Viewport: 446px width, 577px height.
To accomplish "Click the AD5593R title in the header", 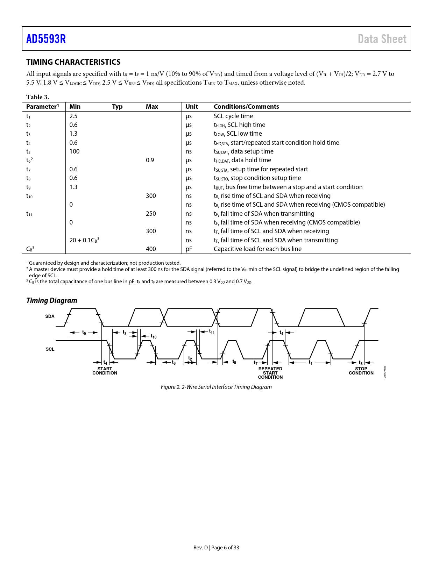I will tap(46, 39).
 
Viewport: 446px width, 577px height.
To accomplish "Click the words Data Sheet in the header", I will tap(382, 39).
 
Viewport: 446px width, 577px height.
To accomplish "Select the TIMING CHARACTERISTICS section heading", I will tap(73, 62).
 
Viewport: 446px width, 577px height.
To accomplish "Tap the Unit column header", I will tap(191, 107).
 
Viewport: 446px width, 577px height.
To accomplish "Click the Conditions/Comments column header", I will tap(246, 107).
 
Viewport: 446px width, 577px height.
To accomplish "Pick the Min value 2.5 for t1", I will tap(73, 116).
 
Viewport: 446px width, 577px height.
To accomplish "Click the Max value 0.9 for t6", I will tap(150, 160).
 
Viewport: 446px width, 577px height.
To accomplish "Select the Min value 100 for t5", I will tap(75, 151).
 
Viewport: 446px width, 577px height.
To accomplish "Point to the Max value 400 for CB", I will tap(151, 249).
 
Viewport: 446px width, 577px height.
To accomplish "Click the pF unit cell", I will tap(189, 249).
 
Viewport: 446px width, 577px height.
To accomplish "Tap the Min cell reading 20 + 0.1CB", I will tap(84, 240).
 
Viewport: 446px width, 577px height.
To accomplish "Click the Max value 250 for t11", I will tap(151, 214).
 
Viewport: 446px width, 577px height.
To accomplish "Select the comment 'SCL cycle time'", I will tap(233, 116).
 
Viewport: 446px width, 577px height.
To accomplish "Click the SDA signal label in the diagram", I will tap(50, 316).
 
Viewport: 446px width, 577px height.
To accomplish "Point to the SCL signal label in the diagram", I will tap(50, 349).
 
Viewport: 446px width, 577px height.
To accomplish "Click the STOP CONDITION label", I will tap(361, 371).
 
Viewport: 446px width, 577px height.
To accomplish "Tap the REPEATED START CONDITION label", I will tap(270, 373).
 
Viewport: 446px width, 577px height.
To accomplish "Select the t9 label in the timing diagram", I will tap(84, 333).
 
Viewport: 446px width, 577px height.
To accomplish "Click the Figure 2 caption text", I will tap(216, 387).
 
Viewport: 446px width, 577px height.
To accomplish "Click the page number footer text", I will tap(216, 548).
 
